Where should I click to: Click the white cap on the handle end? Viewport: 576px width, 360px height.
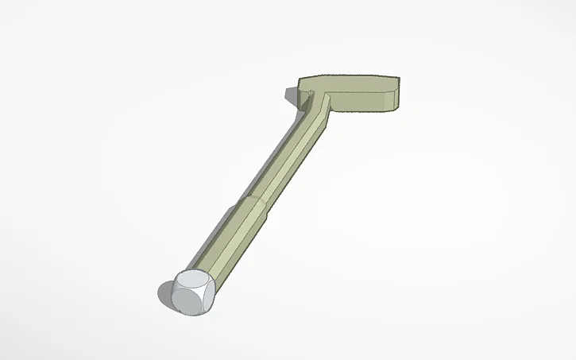(x=192, y=291)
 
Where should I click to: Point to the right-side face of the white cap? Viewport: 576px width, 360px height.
(x=208, y=296)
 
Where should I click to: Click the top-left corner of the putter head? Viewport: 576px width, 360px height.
(x=300, y=79)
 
